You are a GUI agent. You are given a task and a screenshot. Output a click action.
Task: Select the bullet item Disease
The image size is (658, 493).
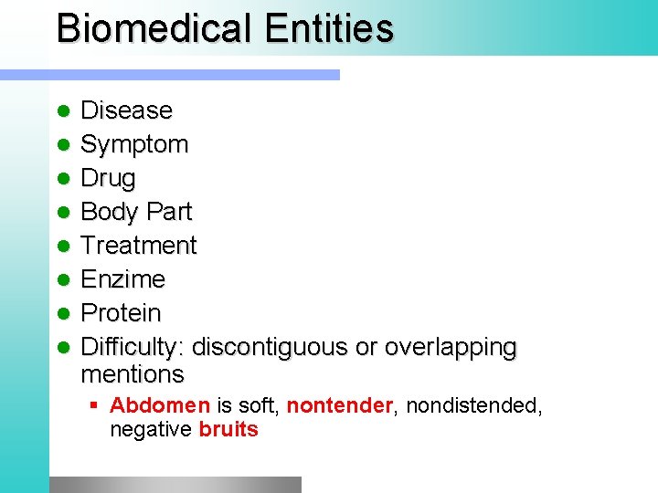[x=126, y=110]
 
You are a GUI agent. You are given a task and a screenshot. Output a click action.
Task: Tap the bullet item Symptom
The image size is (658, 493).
[x=134, y=144]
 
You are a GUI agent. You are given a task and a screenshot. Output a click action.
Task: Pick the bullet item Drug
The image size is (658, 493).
[x=108, y=178]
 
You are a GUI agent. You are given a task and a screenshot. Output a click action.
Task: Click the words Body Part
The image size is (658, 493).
[x=136, y=212]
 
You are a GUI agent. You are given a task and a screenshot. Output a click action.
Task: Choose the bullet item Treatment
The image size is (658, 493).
[x=139, y=246]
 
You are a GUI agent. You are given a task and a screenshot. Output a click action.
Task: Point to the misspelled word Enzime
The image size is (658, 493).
[x=123, y=279]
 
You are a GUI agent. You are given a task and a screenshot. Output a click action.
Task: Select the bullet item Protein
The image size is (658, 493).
[x=121, y=313]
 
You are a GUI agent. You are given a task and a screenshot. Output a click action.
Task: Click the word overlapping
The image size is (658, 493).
[x=451, y=347]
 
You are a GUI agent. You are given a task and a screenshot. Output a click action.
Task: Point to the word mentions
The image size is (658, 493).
[x=133, y=374]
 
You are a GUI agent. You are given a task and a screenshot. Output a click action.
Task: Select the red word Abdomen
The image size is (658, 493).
[x=160, y=405]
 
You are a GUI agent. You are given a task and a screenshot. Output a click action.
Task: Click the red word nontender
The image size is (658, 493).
[x=339, y=405]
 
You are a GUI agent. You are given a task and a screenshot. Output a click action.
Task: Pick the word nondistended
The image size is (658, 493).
[x=473, y=405]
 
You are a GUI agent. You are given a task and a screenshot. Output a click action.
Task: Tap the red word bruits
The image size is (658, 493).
[x=228, y=429]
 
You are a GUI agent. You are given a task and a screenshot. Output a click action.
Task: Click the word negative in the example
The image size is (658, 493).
[x=150, y=429]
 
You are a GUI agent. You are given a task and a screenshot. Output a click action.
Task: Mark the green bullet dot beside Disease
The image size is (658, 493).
[x=63, y=111]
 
